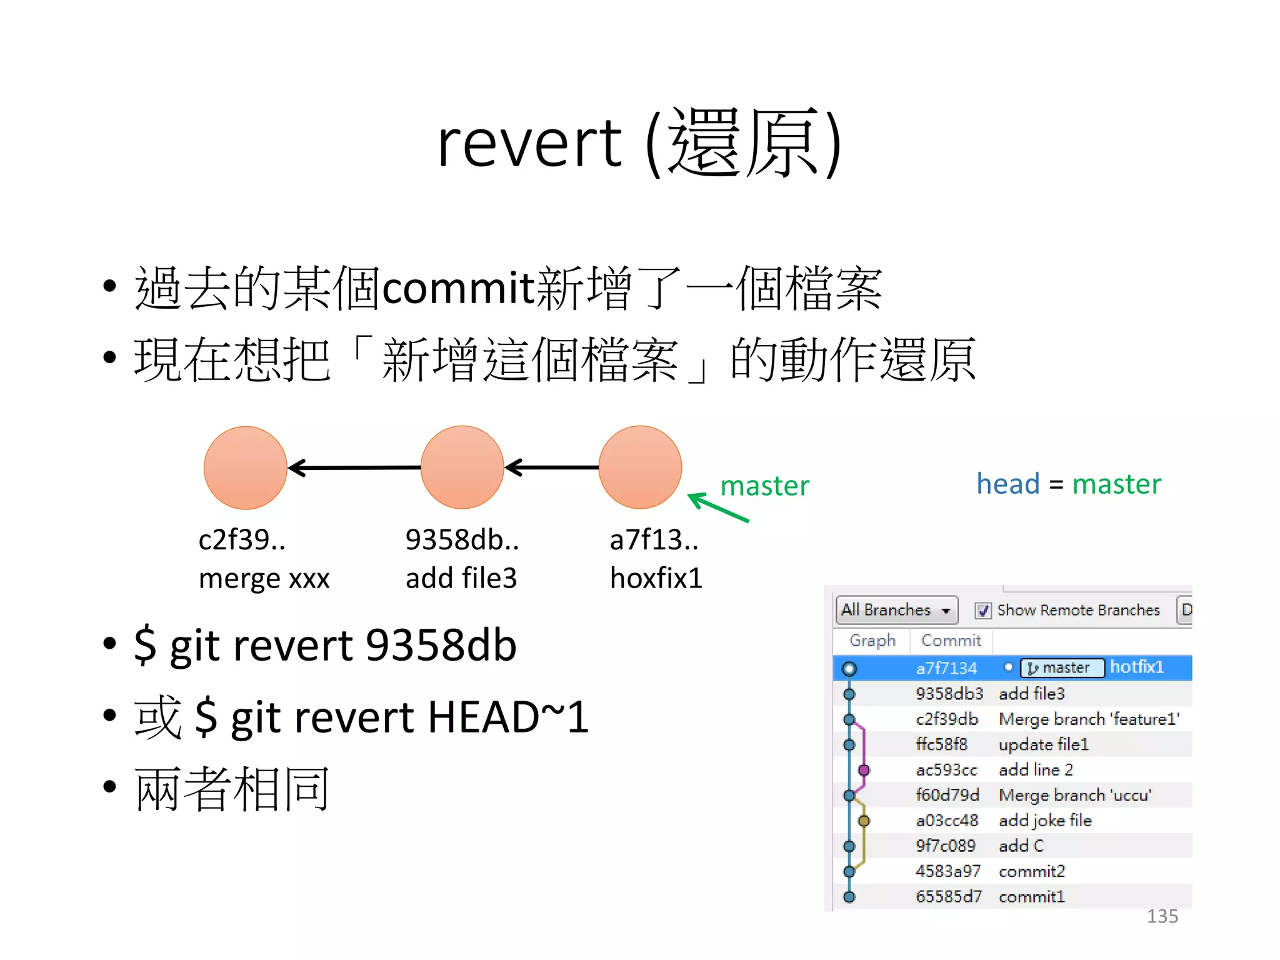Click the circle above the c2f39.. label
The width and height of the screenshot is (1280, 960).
246,467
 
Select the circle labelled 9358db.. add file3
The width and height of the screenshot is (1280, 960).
462,467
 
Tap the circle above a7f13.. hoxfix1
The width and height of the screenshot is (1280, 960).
640,467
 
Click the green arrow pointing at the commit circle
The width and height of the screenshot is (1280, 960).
717,507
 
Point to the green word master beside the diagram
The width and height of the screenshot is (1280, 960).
764,486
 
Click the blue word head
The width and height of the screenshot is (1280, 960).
1008,484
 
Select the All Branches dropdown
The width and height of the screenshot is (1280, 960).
896,610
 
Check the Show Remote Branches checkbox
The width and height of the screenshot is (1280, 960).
983,611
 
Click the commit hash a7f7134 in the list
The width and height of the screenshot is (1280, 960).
946,668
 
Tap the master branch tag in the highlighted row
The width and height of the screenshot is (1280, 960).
1062,668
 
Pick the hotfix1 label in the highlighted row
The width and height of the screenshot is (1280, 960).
1137,667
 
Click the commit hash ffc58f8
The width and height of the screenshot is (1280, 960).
941,744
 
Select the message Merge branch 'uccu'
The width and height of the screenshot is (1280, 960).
1075,795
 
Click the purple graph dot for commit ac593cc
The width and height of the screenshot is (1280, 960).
864,770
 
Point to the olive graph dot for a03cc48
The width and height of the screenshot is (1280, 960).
864,821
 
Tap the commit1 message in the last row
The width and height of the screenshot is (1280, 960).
1031,897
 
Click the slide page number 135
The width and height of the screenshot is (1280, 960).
1162,916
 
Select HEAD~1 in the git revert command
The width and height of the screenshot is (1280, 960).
508,717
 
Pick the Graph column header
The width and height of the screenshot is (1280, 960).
872,641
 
